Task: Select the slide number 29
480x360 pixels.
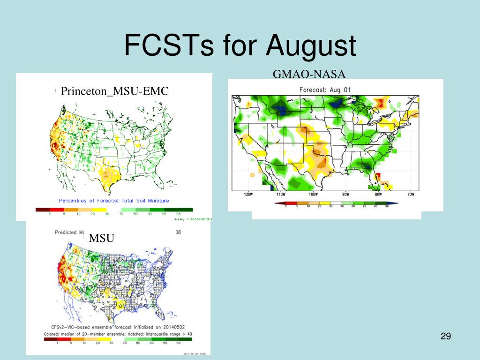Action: point(445,336)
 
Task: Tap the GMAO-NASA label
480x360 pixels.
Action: point(309,74)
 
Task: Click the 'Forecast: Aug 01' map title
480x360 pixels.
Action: point(325,90)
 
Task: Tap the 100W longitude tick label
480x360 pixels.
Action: point(313,195)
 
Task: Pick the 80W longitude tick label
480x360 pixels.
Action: point(378,195)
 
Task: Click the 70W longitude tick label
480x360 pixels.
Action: point(410,195)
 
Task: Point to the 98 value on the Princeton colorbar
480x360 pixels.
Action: point(178,214)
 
